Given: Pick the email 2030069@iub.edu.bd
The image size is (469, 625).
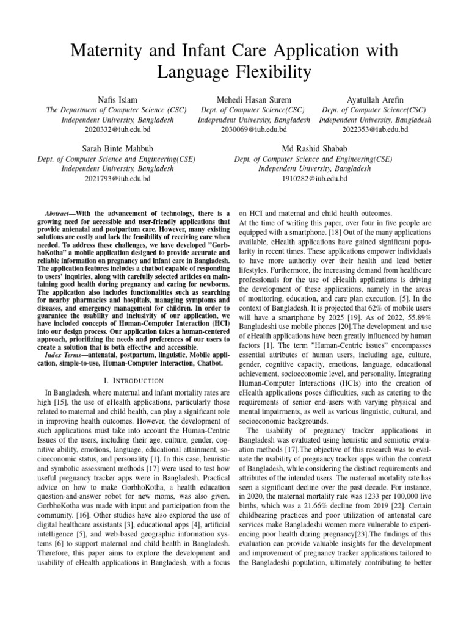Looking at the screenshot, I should coord(253,129).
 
